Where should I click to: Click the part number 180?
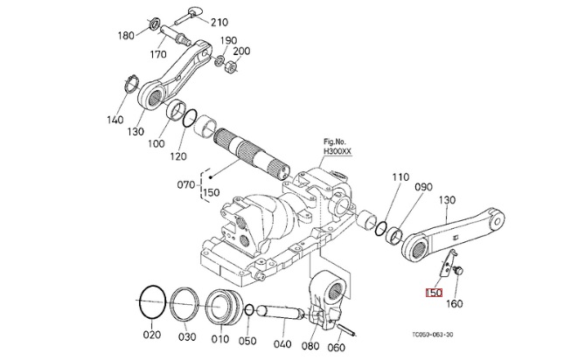126,37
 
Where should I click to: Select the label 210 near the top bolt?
219,22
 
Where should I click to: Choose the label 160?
455,304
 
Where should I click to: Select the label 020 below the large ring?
152,336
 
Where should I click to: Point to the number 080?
311,345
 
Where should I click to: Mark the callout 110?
400,178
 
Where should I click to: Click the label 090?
424,188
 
